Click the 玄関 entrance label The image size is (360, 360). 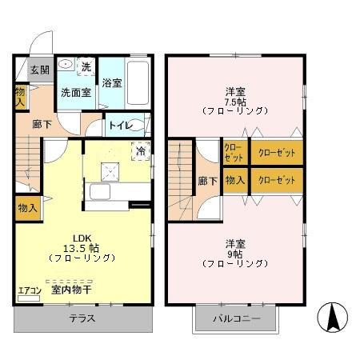(40, 70)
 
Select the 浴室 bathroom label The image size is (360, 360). (112, 82)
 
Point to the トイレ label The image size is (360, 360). (120, 124)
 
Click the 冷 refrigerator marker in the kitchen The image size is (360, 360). (140, 150)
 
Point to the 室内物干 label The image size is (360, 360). (72, 291)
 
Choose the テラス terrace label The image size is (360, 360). (82, 318)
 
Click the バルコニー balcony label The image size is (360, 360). (234, 318)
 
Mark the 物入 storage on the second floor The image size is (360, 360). (234, 181)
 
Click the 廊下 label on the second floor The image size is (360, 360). (206, 181)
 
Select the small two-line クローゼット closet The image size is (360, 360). (234, 151)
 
